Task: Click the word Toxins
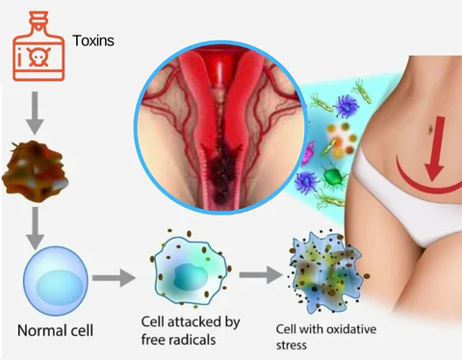tap(93, 41)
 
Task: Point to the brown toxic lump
tap(38, 167)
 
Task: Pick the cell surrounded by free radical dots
tap(189, 273)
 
